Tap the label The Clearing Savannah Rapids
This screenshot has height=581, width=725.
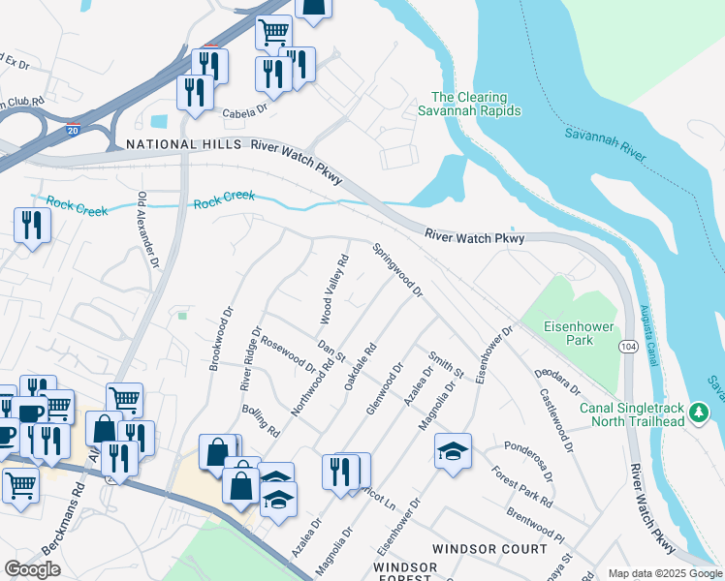476,104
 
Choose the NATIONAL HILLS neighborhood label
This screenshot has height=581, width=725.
184,144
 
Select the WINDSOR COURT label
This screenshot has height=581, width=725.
489,549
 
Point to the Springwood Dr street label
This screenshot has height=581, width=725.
398,270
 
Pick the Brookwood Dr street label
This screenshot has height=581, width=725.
222,339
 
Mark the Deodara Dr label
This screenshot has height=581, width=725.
556,382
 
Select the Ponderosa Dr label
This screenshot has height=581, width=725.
528,462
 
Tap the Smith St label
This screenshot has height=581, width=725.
447,364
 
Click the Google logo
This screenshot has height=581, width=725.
33,569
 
